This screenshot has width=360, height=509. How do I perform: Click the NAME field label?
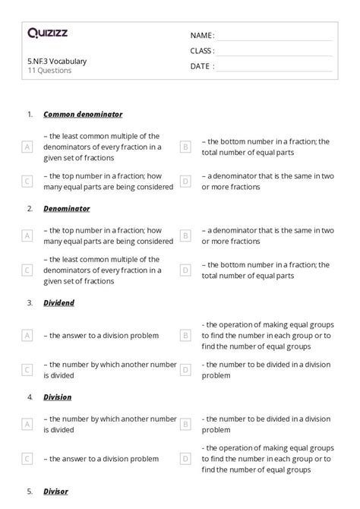[202, 36]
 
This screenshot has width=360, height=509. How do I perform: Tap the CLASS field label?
[202, 51]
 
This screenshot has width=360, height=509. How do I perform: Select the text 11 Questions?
[49, 71]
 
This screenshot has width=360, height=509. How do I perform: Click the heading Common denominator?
[83, 114]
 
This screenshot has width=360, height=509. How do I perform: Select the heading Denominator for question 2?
[67, 208]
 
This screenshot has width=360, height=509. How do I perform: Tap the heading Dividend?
[59, 302]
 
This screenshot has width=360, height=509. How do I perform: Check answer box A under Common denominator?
[27, 147]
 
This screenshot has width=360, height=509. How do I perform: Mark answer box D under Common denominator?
[185, 182]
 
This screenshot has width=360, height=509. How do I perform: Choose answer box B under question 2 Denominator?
[185, 236]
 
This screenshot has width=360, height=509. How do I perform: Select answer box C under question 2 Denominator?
[27, 270]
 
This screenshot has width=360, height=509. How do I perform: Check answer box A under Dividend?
[27, 334]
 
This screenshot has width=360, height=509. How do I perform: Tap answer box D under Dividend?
[185, 370]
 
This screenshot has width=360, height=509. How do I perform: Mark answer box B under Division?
[185, 424]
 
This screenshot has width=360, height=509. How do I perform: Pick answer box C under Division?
[27, 459]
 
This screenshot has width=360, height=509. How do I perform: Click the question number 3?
[30, 302]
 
